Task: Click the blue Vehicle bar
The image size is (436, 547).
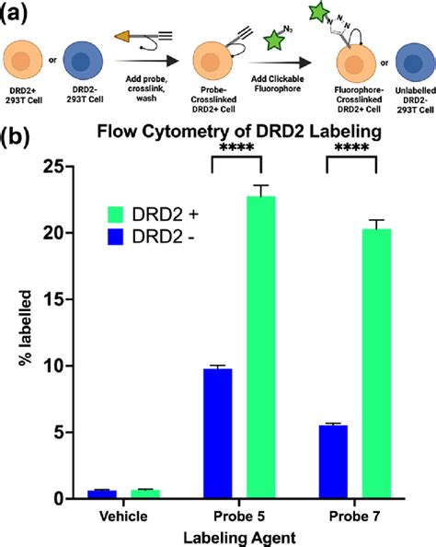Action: (x=102, y=494)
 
